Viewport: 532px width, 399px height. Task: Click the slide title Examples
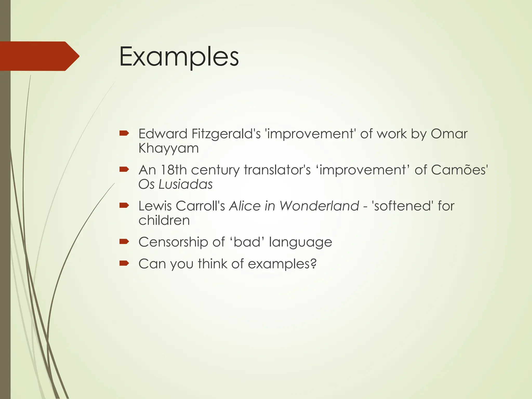(x=179, y=57)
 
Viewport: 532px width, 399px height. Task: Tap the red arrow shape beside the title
(x=39, y=56)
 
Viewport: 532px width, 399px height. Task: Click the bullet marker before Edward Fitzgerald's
(x=124, y=134)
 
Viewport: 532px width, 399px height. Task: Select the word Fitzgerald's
(x=226, y=134)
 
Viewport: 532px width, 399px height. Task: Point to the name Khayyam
(x=169, y=149)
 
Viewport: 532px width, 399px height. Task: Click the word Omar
(x=449, y=134)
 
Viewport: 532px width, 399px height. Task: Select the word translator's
(x=277, y=170)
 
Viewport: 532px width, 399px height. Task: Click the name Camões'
(x=460, y=170)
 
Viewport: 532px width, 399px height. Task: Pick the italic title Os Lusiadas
(x=175, y=184)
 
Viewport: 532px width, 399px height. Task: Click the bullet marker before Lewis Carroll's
(x=124, y=206)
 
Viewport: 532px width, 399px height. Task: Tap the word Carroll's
(x=200, y=206)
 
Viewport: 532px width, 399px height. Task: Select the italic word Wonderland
(x=319, y=206)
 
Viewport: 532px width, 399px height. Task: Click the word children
(x=164, y=221)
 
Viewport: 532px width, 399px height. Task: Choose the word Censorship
(x=173, y=242)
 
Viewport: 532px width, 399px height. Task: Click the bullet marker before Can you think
(x=124, y=264)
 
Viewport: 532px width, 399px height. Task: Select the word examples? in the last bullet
(x=282, y=264)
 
